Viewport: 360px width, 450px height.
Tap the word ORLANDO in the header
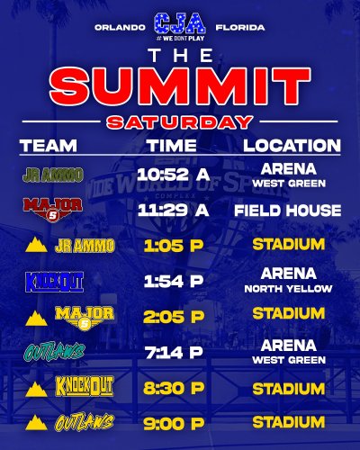(x=120, y=27)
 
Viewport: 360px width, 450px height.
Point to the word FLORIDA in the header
(x=240, y=27)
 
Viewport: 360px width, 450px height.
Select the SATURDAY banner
(x=180, y=122)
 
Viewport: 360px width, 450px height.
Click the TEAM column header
(x=54, y=145)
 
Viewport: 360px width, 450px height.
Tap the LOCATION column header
(x=290, y=145)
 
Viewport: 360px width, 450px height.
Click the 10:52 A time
(x=174, y=174)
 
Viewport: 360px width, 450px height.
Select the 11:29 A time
(x=174, y=210)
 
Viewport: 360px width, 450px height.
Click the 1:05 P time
(x=173, y=245)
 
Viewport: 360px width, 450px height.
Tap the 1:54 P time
(x=173, y=281)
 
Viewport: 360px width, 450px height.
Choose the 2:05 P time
(x=173, y=315)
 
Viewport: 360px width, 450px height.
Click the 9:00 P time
(x=173, y=421)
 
